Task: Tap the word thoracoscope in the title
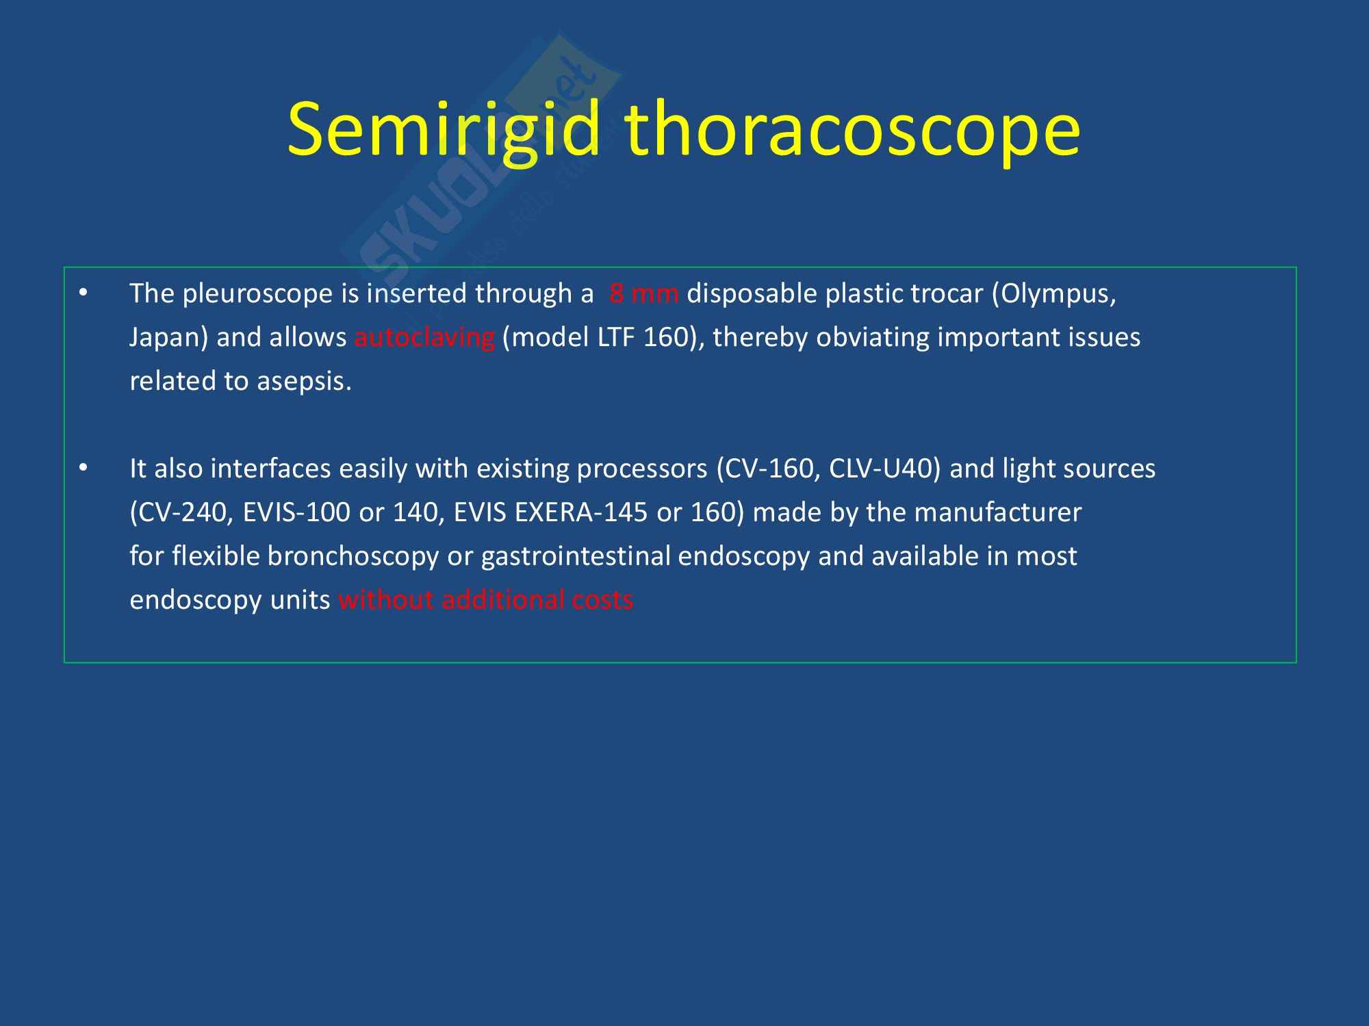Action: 853,130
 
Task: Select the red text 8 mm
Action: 643,293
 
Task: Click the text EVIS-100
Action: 296,512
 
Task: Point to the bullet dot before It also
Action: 84,469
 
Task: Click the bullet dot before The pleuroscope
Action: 84,293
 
